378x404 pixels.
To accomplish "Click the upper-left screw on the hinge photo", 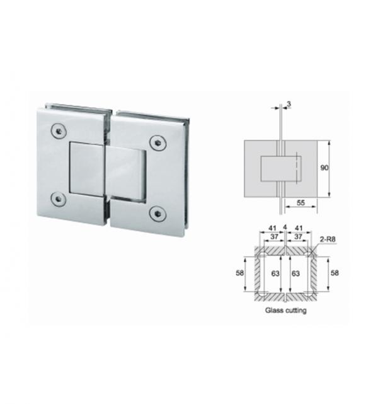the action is click(x=59, y=131).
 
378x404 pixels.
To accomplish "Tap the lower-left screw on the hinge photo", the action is click(x=59, y=199).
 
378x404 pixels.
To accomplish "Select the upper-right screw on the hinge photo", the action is click(x=158, y=142).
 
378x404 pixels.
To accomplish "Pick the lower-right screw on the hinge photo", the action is click(x=158, y=214).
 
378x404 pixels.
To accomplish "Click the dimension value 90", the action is click(x=324, y=168).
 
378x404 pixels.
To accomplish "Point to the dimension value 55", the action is click(x=301, y=203).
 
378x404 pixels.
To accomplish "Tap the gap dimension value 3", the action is click(x=289, y=104).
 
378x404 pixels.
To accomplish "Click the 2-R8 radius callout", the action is click(x=328, y=240).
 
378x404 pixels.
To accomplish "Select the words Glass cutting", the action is click(x=286, y=310).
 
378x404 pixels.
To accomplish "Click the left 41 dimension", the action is click(x=272, y=228).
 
